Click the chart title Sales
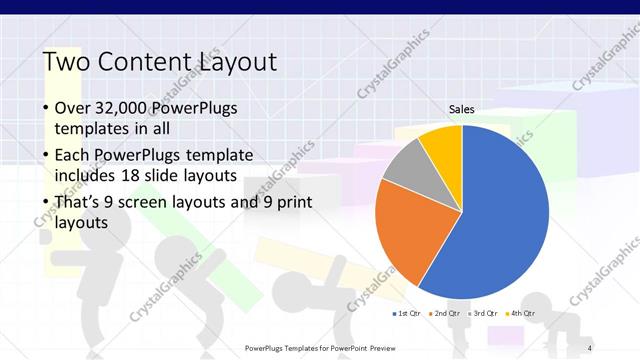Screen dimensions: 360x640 point(461,110)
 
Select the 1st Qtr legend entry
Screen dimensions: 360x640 point(406,314)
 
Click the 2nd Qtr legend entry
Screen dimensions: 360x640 point(444,314)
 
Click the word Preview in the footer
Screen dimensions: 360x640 point(377,348)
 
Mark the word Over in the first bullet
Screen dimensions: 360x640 point(72,108)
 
